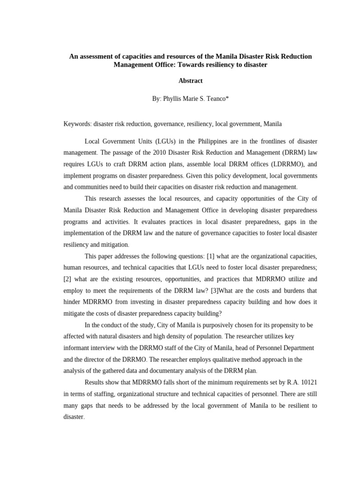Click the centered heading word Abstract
pyautogui.click(x=190, y=81)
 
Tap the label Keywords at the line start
pyautogui.click(x=77, y=124)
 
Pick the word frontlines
pyautogui.click(x=258, y=141)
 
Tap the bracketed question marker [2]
pyautogui.click(x=68, y=279)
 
